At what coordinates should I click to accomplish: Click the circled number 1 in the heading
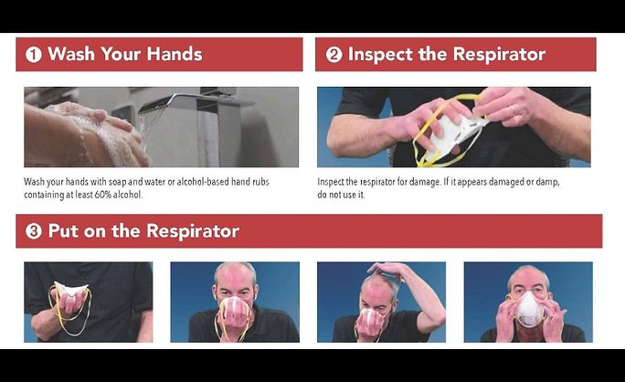coord(34,55)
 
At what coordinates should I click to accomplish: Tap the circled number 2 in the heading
coord(334,55)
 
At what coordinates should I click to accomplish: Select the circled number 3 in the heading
coord(34,231)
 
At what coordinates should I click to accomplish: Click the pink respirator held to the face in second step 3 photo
coord(235,311)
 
